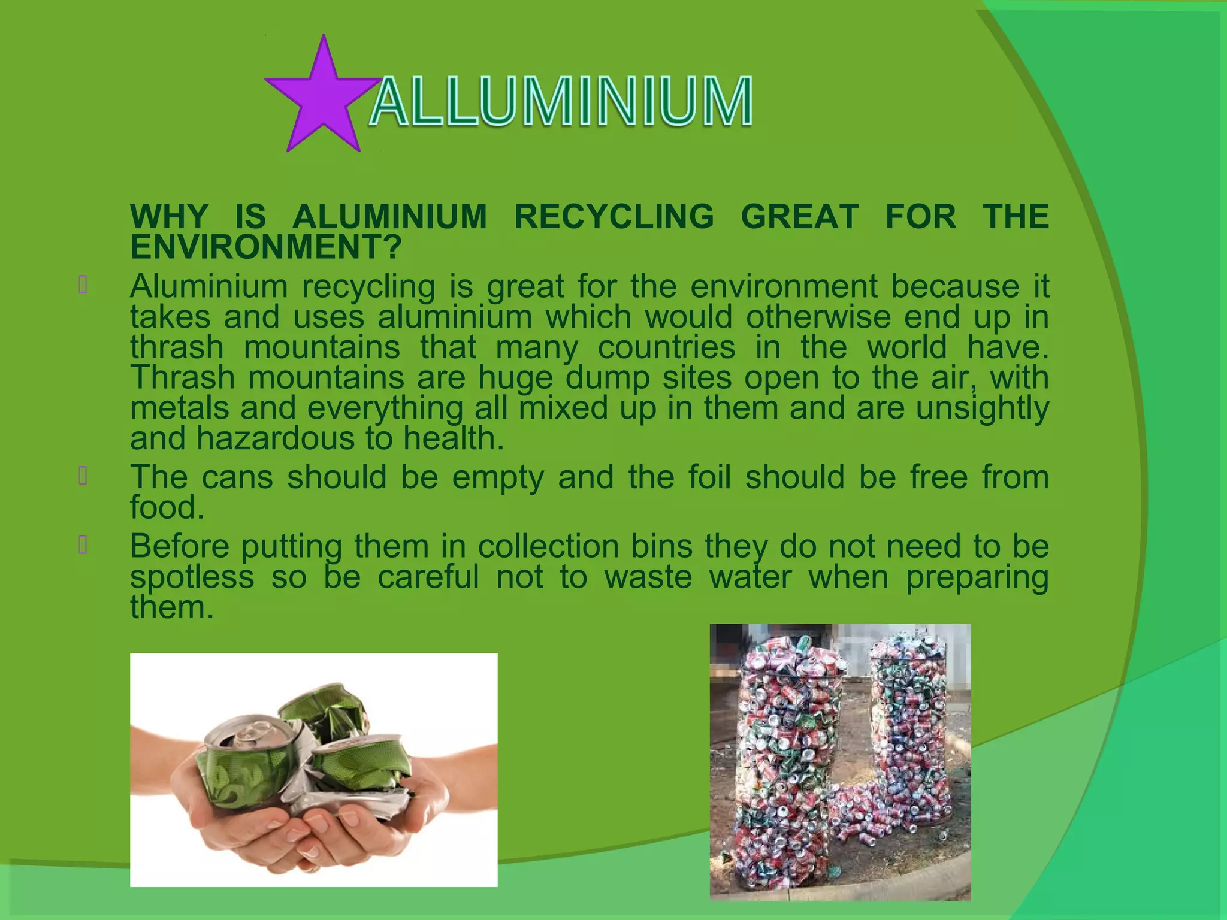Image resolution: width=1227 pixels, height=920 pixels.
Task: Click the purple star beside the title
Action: pos(323,99)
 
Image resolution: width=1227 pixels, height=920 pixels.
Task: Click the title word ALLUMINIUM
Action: pos(561,102)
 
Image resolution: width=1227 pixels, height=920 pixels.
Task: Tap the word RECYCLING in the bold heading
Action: pos(614,216)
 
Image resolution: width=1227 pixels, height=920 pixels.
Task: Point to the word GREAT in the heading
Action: pos(800,216)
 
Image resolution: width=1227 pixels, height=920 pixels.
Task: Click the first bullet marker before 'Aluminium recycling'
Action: pos(83,285)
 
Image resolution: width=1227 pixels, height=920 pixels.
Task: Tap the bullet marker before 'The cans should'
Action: pos(83,476)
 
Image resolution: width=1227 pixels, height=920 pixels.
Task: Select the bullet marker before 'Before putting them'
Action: pos(83,545)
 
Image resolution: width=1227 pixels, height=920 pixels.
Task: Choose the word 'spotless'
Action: pos(192,577)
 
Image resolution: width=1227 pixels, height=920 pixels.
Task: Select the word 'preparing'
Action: pos(977,577)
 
